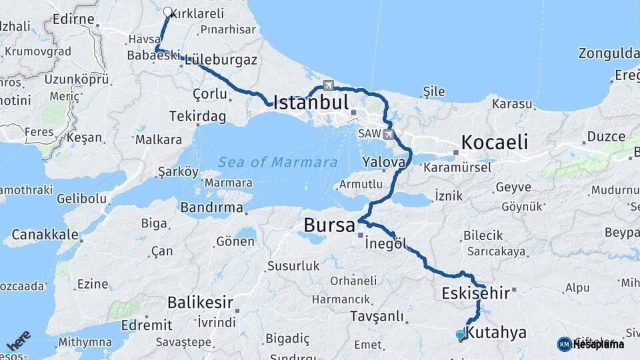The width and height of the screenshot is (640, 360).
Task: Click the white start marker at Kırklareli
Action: pos(168,12)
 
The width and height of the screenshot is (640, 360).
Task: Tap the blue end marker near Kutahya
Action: pos(460,335)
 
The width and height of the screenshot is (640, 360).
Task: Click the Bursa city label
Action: pos(329,226)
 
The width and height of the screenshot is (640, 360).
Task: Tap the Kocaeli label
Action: pos(495,142)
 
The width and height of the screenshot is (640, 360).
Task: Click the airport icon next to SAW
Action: pos(389,134)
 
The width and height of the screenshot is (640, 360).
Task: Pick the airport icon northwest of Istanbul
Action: pos(328,85)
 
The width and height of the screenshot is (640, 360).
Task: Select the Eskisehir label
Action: pos(475,293)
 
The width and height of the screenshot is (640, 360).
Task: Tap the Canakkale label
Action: pos(45,235)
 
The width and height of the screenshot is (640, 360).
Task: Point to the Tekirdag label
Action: pos(197,116)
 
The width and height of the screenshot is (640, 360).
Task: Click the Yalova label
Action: pos(384,162)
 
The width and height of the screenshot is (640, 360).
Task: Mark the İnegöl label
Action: pos(386,243)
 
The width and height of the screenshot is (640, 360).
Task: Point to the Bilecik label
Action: pos(482,235)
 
